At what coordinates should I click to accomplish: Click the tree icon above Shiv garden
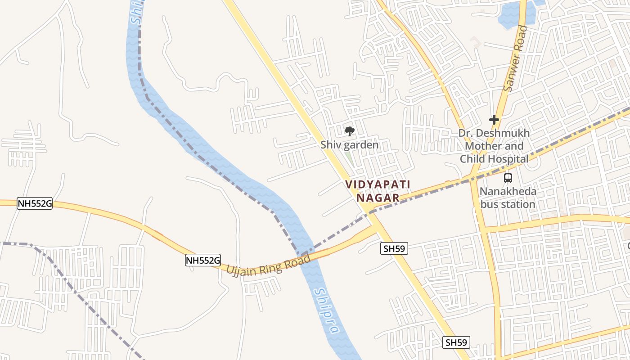[349, 131]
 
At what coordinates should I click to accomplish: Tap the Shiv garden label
[350, 145]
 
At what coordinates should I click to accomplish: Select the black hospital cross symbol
[494, 120]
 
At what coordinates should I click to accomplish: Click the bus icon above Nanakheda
[508, 178]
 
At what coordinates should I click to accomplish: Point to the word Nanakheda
[508, 192]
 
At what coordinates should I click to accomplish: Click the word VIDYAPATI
[378, 184]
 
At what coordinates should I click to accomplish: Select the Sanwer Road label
[516, 58]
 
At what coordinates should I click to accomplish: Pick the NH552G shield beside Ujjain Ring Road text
[203, 260]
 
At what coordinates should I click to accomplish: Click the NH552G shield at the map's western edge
[35, 203]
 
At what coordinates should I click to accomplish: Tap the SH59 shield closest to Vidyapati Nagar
[394, 248]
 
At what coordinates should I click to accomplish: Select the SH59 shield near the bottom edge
[456, 342]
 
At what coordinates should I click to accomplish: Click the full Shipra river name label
[327, 310]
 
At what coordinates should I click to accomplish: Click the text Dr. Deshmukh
[494, 133]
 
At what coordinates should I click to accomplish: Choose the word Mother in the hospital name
[481, 146]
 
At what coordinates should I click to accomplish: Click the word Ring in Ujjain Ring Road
[272, 265]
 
